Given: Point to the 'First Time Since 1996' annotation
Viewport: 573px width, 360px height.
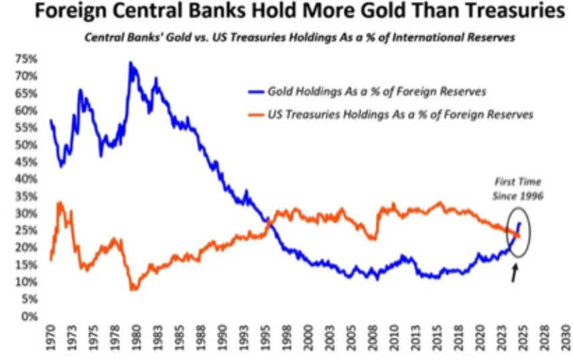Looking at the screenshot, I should click(516, 188).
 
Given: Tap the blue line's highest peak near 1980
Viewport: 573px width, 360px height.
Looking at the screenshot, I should click(131, 63).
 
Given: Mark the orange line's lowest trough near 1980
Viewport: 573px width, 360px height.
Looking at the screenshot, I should click(133, 289).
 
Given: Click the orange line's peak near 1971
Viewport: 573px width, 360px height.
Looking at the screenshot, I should click(60, 202).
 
